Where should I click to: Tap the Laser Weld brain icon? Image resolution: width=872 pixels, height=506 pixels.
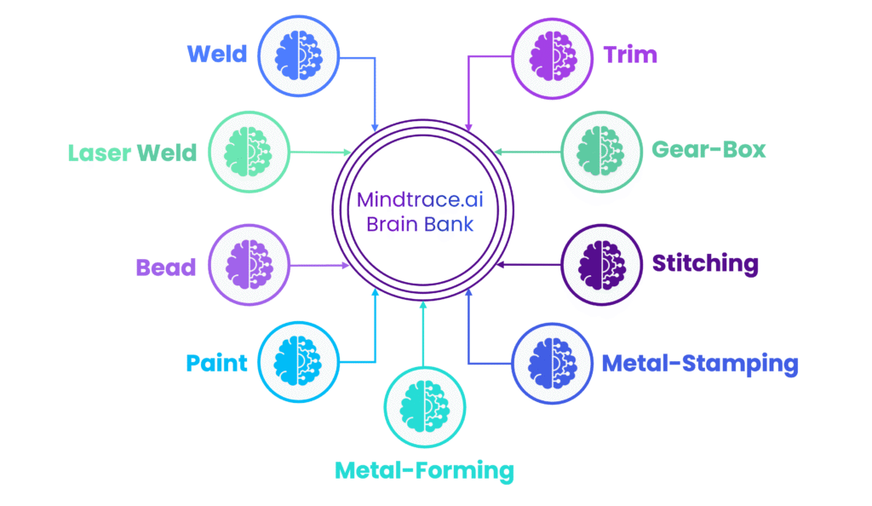[x=247, y=152]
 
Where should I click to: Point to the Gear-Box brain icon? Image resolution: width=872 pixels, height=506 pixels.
[x=602, y=152]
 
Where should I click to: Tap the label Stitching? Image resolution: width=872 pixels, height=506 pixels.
[x=705, y=262]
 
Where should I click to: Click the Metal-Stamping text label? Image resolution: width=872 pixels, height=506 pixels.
[x=700, y=364]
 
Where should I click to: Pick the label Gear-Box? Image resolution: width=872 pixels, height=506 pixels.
[x=708, y=150]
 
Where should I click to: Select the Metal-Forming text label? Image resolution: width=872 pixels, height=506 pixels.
[x=424, y=469]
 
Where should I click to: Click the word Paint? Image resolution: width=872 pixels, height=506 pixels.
[x=217, y=363]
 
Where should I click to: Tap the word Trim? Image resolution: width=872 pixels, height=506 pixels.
[x=630, y=55]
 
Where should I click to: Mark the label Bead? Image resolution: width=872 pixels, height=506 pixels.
[x=165, y=267]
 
